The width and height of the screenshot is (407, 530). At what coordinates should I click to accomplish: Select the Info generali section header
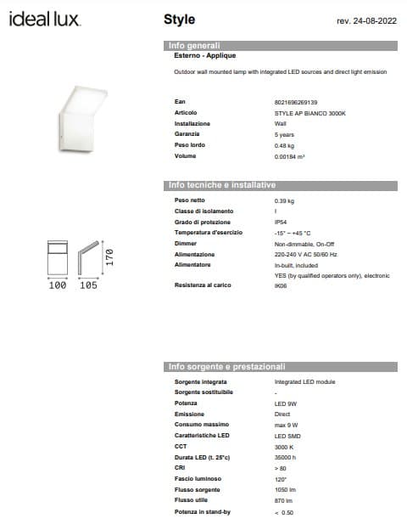(195, 45)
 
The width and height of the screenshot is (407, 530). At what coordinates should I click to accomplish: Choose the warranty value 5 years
(285, 134)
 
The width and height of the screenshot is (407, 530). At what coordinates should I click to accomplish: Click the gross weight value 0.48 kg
(285, 145)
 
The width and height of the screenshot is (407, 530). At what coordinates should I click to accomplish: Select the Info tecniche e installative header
(222, 185)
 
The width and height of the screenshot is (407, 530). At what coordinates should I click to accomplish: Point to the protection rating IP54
(282, 222)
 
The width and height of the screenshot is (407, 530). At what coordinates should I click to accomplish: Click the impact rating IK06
(281, 286)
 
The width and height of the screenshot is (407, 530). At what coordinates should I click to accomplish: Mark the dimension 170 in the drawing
(109, 257)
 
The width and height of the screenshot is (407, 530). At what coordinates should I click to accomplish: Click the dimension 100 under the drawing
(57, 286)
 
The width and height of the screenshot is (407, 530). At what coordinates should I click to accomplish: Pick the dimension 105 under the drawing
(87, 286)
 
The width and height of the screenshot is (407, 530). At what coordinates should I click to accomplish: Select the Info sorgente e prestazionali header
(226, 367)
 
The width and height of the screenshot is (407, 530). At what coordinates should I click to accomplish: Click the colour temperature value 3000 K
(284, 445)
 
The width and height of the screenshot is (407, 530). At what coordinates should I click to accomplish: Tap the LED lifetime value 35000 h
(285, 456)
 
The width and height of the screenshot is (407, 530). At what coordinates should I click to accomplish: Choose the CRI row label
(180, 467)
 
